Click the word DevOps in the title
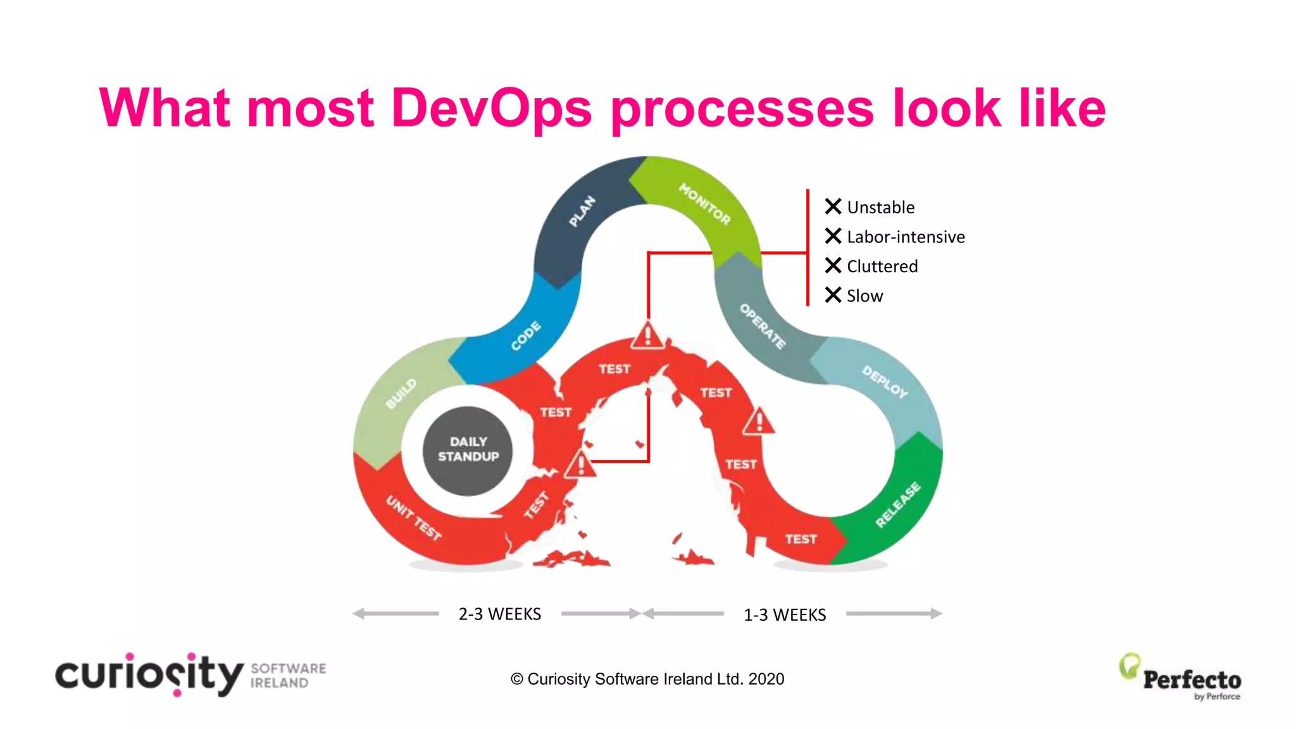coord(492,108)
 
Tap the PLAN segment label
coord(582,211)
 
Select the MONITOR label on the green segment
coord(704,204)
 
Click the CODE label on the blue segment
coord(526,336)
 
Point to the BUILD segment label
coord(401,394)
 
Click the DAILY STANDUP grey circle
coord(468,450)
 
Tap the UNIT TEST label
coord(414,518)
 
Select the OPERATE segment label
coord(763,327)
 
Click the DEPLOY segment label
coord(885,382)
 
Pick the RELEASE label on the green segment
coord(898,504)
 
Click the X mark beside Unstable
coord(833,206)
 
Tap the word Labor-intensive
coord(906,237)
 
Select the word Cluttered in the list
coord(882,266)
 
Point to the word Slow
coord(864,296)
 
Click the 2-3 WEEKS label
coord(499,614)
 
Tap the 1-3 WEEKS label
coord(785,614)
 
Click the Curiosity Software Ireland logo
coord(190,675)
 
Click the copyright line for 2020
coord(647,679)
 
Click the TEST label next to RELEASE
coord(801,539)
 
